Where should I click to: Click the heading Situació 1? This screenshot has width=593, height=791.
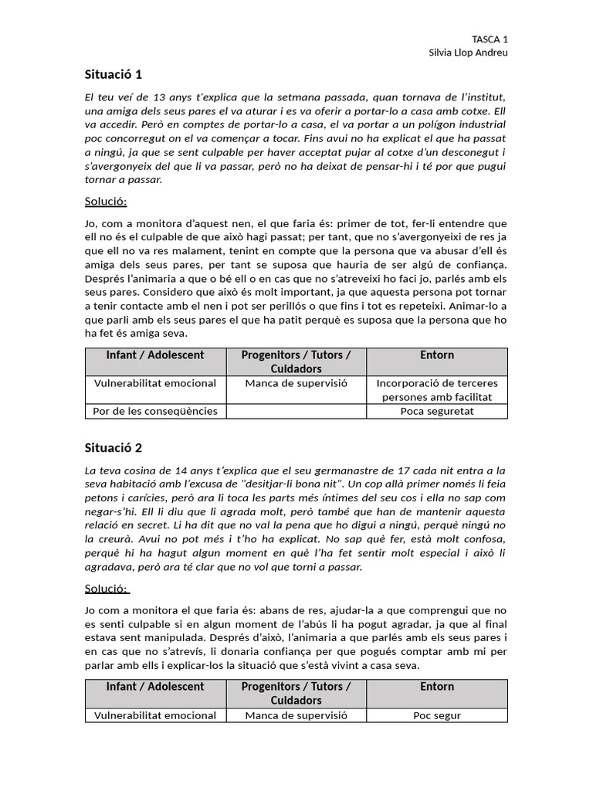click(x=114, y=75)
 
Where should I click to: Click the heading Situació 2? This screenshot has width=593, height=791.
click(x=114, y=448)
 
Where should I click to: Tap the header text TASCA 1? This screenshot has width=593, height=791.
click(x=490, y=39)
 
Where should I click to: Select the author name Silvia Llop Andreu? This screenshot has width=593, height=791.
click(x=468, y=53)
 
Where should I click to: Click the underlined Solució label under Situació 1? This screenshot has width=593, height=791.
click(x=106, y=202)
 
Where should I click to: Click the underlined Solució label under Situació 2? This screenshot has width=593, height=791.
click(x=107, y=589)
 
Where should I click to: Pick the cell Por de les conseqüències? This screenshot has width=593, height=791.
click(x=155, y=411)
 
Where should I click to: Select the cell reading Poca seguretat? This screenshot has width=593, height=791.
click(x=437, y=411)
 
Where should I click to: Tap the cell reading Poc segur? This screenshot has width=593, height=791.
click(x=437, y=715)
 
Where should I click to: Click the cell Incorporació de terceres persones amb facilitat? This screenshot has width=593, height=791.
click(x=437, y=390)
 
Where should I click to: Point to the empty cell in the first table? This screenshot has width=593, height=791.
click(x=296, y=411)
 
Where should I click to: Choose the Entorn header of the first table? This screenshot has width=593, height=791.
click(x=437, y=355)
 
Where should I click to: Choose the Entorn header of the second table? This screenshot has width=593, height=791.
click(x=437, y=687)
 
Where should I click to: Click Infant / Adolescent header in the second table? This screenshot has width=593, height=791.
click(x=155, y=687)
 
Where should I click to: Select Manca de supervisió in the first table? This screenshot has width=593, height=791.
click(x=296, y=383)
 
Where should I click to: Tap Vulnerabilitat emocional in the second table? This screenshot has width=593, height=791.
click(x=155, y=715)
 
